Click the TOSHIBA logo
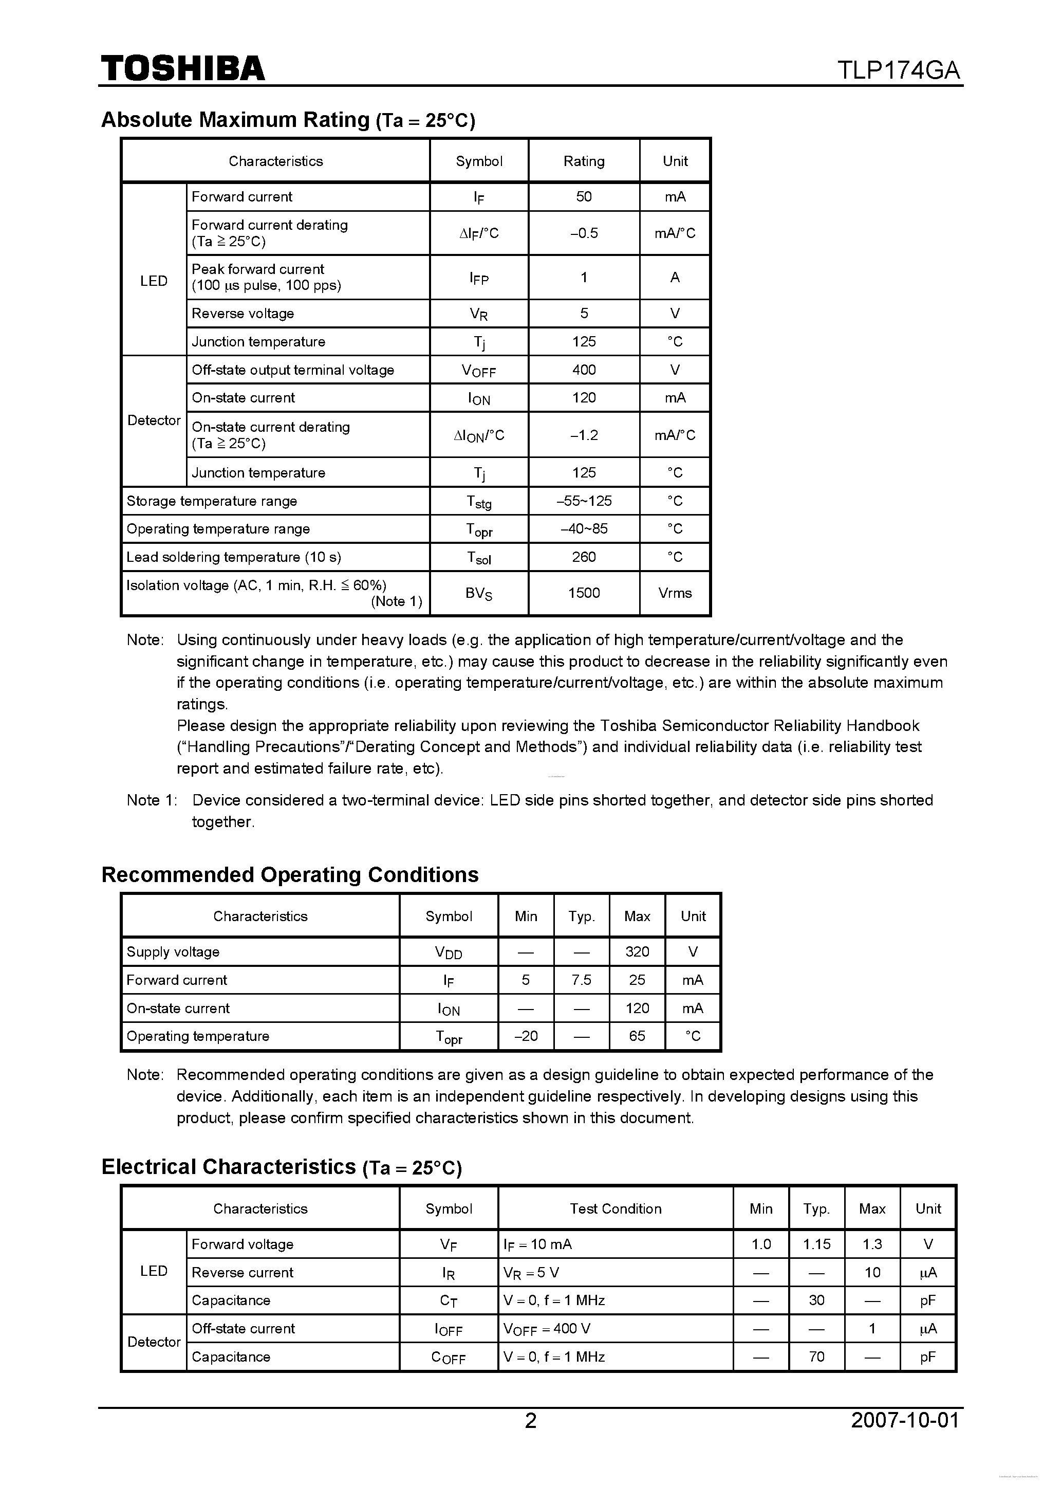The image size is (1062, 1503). tap(182, 69)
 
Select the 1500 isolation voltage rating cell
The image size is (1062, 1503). tap(584, 593)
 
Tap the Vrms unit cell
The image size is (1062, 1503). tap(675, 593)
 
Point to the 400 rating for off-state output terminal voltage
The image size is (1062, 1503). tap(584, 370)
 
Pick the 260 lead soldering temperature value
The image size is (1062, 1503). tap(584, 557)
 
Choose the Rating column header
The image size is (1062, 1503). tap(584, 161)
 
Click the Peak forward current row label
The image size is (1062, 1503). tap(258, 269)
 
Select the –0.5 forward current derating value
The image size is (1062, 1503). tap(584, 233)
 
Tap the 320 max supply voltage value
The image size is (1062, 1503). tap(637, 952)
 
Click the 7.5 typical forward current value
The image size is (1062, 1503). tap(581, 980)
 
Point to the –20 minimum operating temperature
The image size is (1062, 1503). tap(526, 1036)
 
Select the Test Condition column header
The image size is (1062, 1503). tap(615, 1209)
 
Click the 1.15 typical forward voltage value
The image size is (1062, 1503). tap(816, 1244)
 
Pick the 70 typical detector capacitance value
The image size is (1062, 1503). tap(816, 1357)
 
